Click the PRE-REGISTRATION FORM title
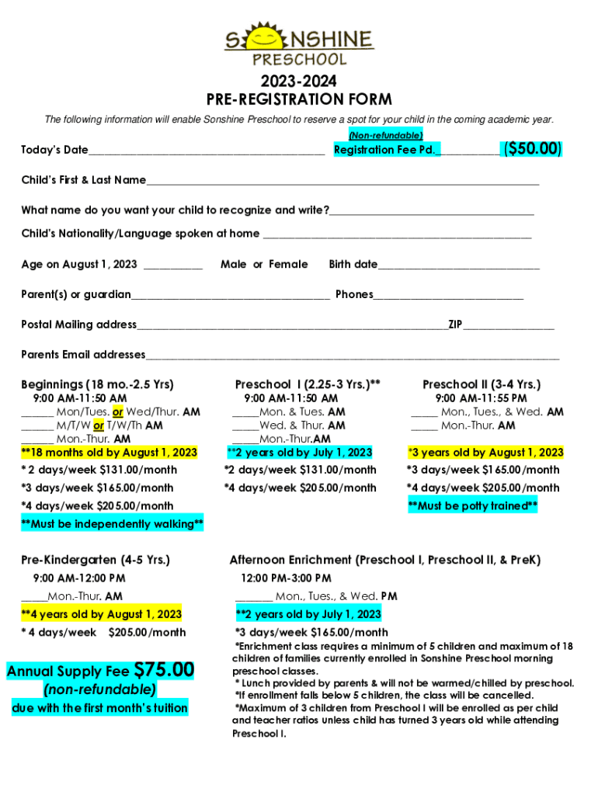click(299, 99)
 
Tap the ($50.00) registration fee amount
click(533, 149)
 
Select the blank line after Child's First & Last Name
click(342, 182)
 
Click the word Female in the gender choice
click(288, 265)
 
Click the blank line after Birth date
click(458, 266)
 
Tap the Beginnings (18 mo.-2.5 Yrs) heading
click(97, 384)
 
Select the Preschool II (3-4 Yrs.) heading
click(482, 384)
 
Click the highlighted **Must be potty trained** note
click(473, 506)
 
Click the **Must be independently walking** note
click(113, 525)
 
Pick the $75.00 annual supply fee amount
click(164, 669)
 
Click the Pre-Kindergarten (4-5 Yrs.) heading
click(96, 560)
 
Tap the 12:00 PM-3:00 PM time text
click(286, 578)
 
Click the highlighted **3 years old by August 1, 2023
click(485, 453)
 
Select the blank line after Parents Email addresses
click(352, 357)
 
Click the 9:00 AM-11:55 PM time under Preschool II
click(481, 398)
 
